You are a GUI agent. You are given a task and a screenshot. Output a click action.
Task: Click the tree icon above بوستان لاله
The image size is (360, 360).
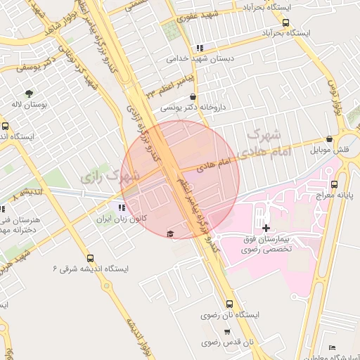(x=29, y=93)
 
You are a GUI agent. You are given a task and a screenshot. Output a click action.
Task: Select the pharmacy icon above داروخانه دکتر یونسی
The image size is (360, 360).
(x=193, y=98)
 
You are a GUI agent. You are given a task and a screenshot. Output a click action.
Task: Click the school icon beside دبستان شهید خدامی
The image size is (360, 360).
(x=200, y=48)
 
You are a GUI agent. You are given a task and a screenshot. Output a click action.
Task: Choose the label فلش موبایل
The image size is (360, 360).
(x=330, y=150)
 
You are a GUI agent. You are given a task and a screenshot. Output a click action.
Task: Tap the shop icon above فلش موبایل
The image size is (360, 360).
(x=330, y=140)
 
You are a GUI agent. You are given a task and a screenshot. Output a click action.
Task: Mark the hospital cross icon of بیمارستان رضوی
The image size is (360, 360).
(x=266, y=228)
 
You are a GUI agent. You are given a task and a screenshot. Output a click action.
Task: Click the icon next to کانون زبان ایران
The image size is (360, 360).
(x=122, y=208)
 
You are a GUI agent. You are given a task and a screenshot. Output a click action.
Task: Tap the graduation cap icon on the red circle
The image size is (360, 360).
(x=169, y=233)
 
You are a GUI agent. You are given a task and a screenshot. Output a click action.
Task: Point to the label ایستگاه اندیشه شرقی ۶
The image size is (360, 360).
(x=90, y=268)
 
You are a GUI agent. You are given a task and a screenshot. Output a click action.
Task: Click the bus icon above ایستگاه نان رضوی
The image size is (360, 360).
(x=230, y=303)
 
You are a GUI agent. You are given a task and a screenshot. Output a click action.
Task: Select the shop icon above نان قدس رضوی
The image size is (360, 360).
(x=227, y=332)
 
